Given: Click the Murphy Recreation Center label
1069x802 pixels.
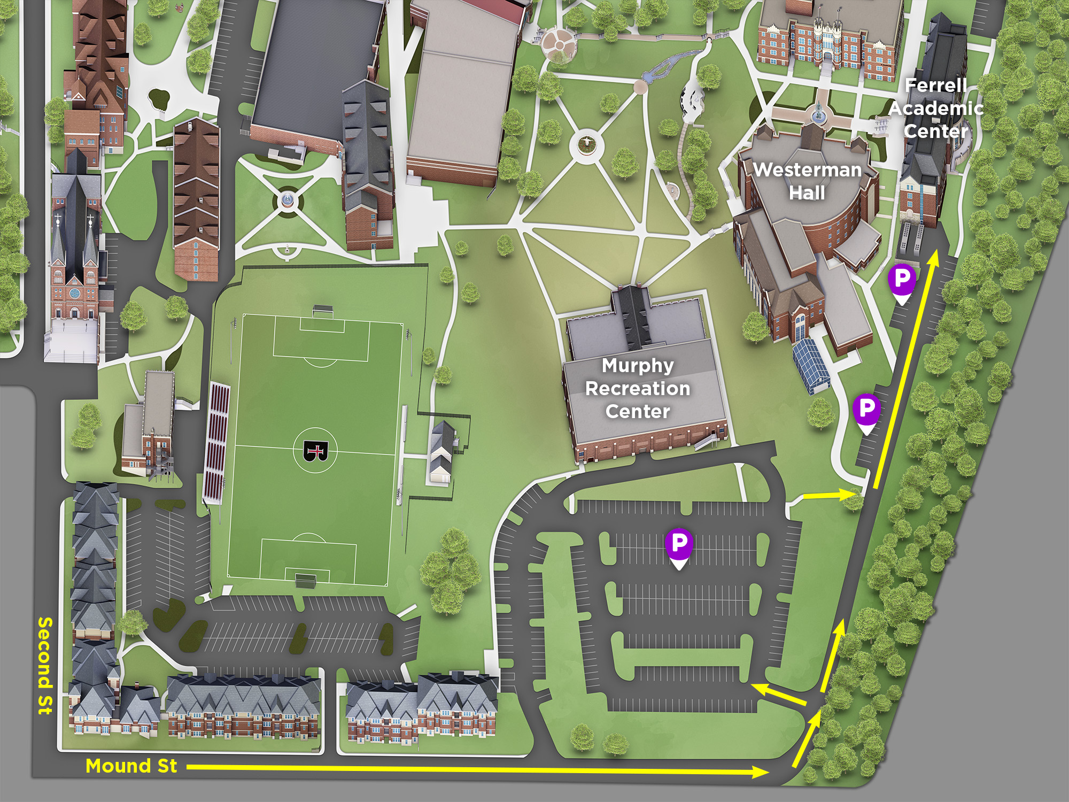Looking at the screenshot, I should (638, 388).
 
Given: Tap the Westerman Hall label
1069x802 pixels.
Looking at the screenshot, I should (807, 181).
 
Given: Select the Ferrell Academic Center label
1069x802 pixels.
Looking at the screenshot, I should (936, 109).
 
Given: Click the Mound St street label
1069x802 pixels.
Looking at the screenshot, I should (131, 766).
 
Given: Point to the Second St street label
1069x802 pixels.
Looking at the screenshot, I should (45, 666).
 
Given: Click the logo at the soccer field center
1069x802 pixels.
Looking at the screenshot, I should (315, 451).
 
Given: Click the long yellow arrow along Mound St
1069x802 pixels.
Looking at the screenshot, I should (476, 770).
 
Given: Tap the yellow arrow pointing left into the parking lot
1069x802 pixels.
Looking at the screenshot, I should (778, 693).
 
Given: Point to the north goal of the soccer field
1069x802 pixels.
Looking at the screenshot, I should (323, 310).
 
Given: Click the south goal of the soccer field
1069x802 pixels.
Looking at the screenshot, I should (305, 580).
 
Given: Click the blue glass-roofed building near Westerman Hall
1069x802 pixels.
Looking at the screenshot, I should (811, 365).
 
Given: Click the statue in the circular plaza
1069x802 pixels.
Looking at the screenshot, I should (586, 144).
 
